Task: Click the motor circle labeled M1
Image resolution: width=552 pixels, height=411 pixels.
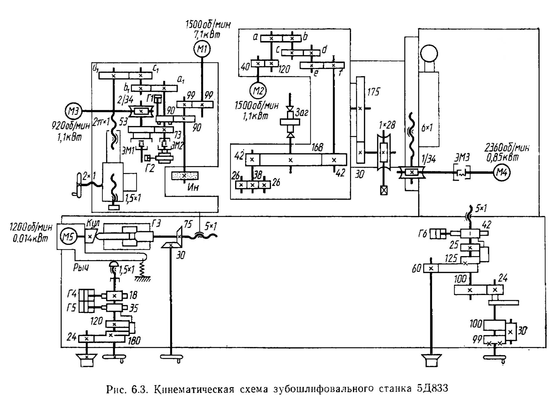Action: point(202,49)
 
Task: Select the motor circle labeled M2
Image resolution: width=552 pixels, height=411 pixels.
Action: point(258,90)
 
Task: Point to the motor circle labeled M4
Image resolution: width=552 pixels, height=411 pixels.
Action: point(501,173)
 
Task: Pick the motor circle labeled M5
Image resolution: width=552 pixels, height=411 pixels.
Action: point(68,237)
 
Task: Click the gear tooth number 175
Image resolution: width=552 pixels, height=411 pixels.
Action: point(373,92)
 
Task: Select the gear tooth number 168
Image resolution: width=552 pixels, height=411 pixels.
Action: point(317,148)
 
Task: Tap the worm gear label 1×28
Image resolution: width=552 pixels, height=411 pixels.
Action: point(387,125)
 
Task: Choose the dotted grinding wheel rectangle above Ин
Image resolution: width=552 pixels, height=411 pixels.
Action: point(185,176)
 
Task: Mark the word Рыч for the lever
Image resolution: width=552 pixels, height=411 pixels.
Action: point(81,267)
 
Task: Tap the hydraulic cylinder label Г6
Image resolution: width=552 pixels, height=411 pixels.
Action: point(423,234)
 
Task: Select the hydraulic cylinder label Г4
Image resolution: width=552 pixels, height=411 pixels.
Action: point(72,294)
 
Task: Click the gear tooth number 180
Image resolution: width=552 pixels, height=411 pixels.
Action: point(134,341)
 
